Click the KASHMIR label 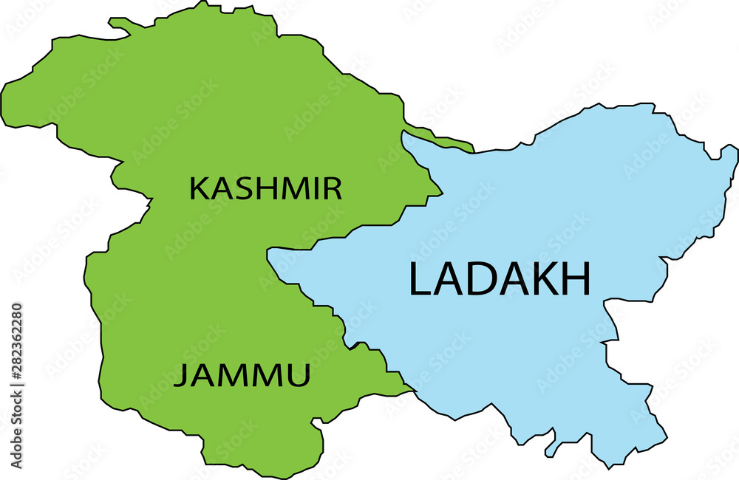tap(266, 189)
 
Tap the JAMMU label tap(242, 377)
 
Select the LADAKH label tap(500, 280)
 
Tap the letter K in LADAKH tap(545, 280)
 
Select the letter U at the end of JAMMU tap(299, 377)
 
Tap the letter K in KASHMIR tap(198, 189)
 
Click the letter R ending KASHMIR tap(334, 189)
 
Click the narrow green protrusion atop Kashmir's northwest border tap(118, 24)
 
